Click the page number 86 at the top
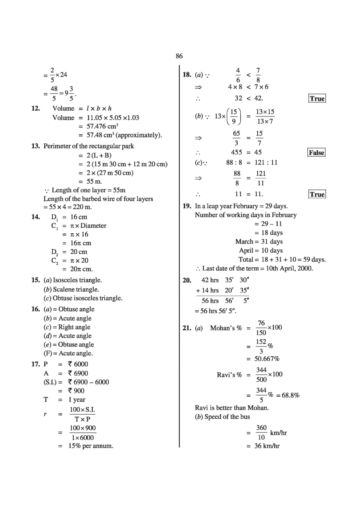pos(179,56)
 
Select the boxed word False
pos(316,153)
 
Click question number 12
pos(36,108)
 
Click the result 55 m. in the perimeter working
pos(94,181)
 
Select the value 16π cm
pos(81,243)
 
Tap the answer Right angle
pos(74,327)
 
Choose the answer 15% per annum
pos(91,446)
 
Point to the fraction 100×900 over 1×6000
pos(83,433)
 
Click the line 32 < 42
pos(249,98)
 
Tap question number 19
pos(187,206)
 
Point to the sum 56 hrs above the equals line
pos(210,301)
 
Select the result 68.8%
pos(290,395)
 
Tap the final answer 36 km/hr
pos(267,446)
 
